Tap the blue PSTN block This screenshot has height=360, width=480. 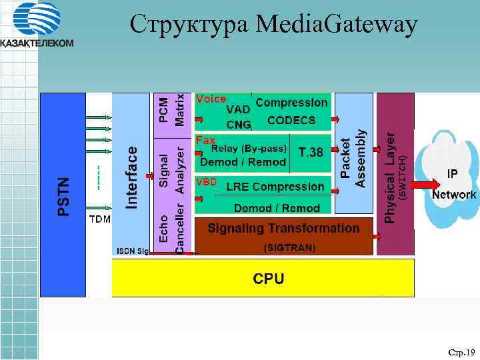[x=63, y=193]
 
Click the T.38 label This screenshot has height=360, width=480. [x=311, y=152]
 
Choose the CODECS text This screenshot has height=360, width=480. [x=291, y=121]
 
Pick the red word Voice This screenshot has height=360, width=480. [x=211, y=99]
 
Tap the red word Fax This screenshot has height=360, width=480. [x=205, y=141]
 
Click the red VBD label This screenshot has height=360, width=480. [x=206, y=181]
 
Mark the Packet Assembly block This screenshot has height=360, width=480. [x=353, y=158]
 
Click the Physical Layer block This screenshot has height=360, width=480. [x=395, y=174]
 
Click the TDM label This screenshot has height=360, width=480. [x=100, y=218]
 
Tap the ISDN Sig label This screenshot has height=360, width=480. [x=133, y=251]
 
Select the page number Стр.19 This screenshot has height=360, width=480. [x=461, y=351]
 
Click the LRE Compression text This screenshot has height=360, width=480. [x=275, y=187]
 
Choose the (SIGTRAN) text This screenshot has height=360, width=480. [x=289, y=248]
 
